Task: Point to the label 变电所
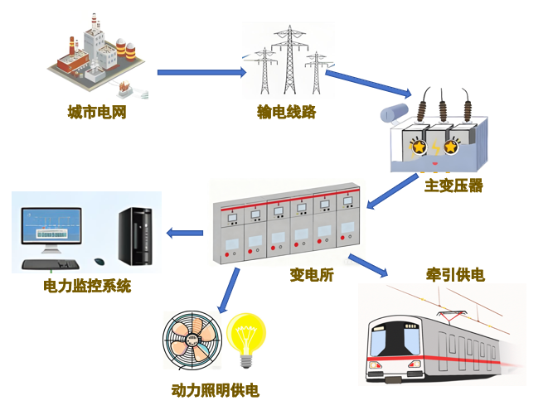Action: point(311,276)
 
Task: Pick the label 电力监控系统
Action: point(86,287)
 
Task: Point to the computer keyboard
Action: point(50,264)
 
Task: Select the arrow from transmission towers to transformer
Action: point(367,84)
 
